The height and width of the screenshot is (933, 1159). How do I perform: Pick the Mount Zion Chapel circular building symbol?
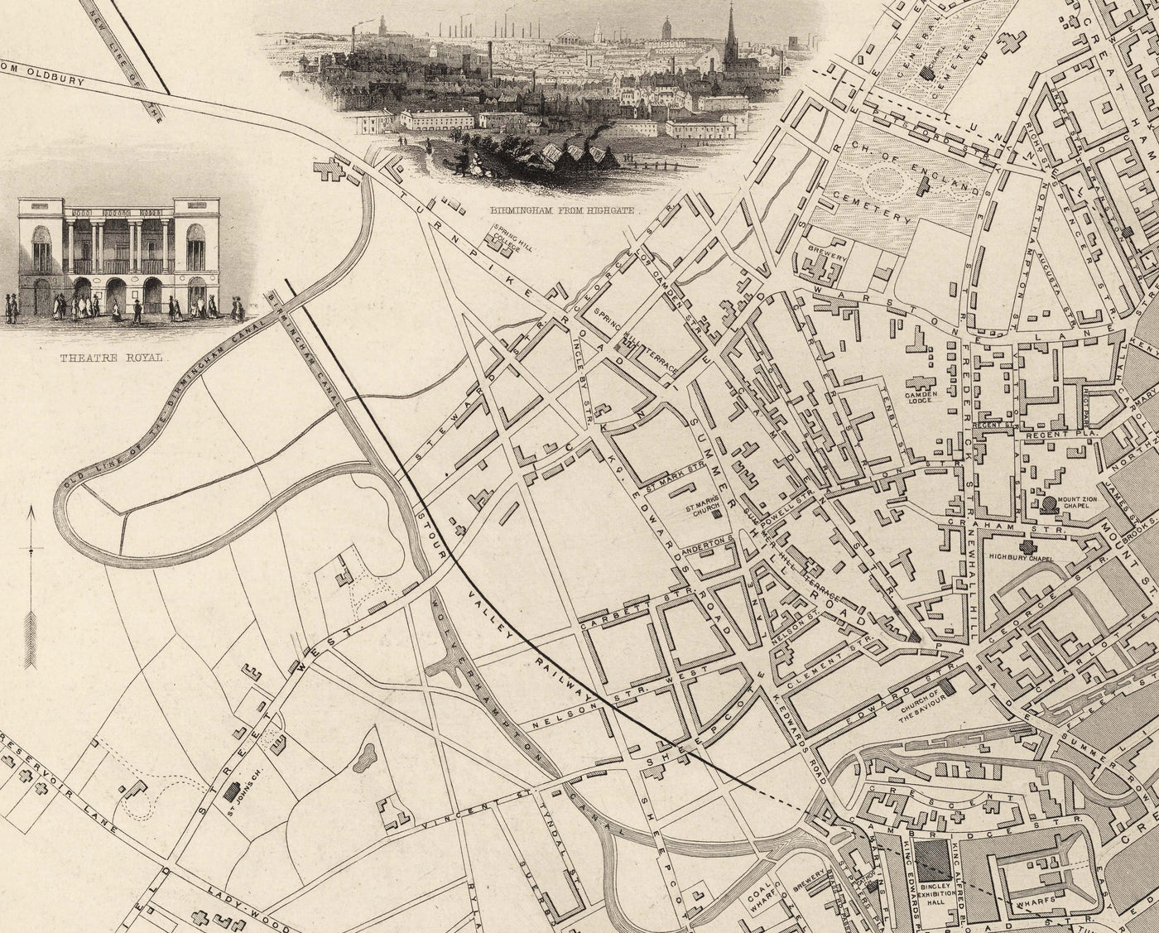coord(1049,503)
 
